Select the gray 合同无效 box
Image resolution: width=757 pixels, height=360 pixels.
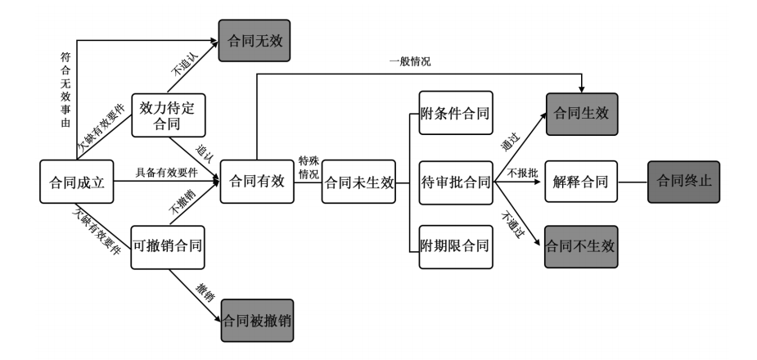tap(255, 40)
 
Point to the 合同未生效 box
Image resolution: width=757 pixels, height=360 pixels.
tap(359, 182)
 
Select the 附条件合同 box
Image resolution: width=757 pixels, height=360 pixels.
tap(454, 114)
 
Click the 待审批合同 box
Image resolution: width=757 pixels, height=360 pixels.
tap(455, 182)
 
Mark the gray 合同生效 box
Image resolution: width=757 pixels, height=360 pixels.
tap(580, 114)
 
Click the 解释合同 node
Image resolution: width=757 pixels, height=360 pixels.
tap(580, 182)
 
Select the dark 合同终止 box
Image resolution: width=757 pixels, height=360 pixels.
tap(683, 182)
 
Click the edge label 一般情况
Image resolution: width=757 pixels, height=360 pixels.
tap(410, 61)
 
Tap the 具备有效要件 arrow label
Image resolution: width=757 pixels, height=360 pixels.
tap(166, 171)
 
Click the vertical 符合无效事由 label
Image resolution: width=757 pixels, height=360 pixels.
tap(65, 91)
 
